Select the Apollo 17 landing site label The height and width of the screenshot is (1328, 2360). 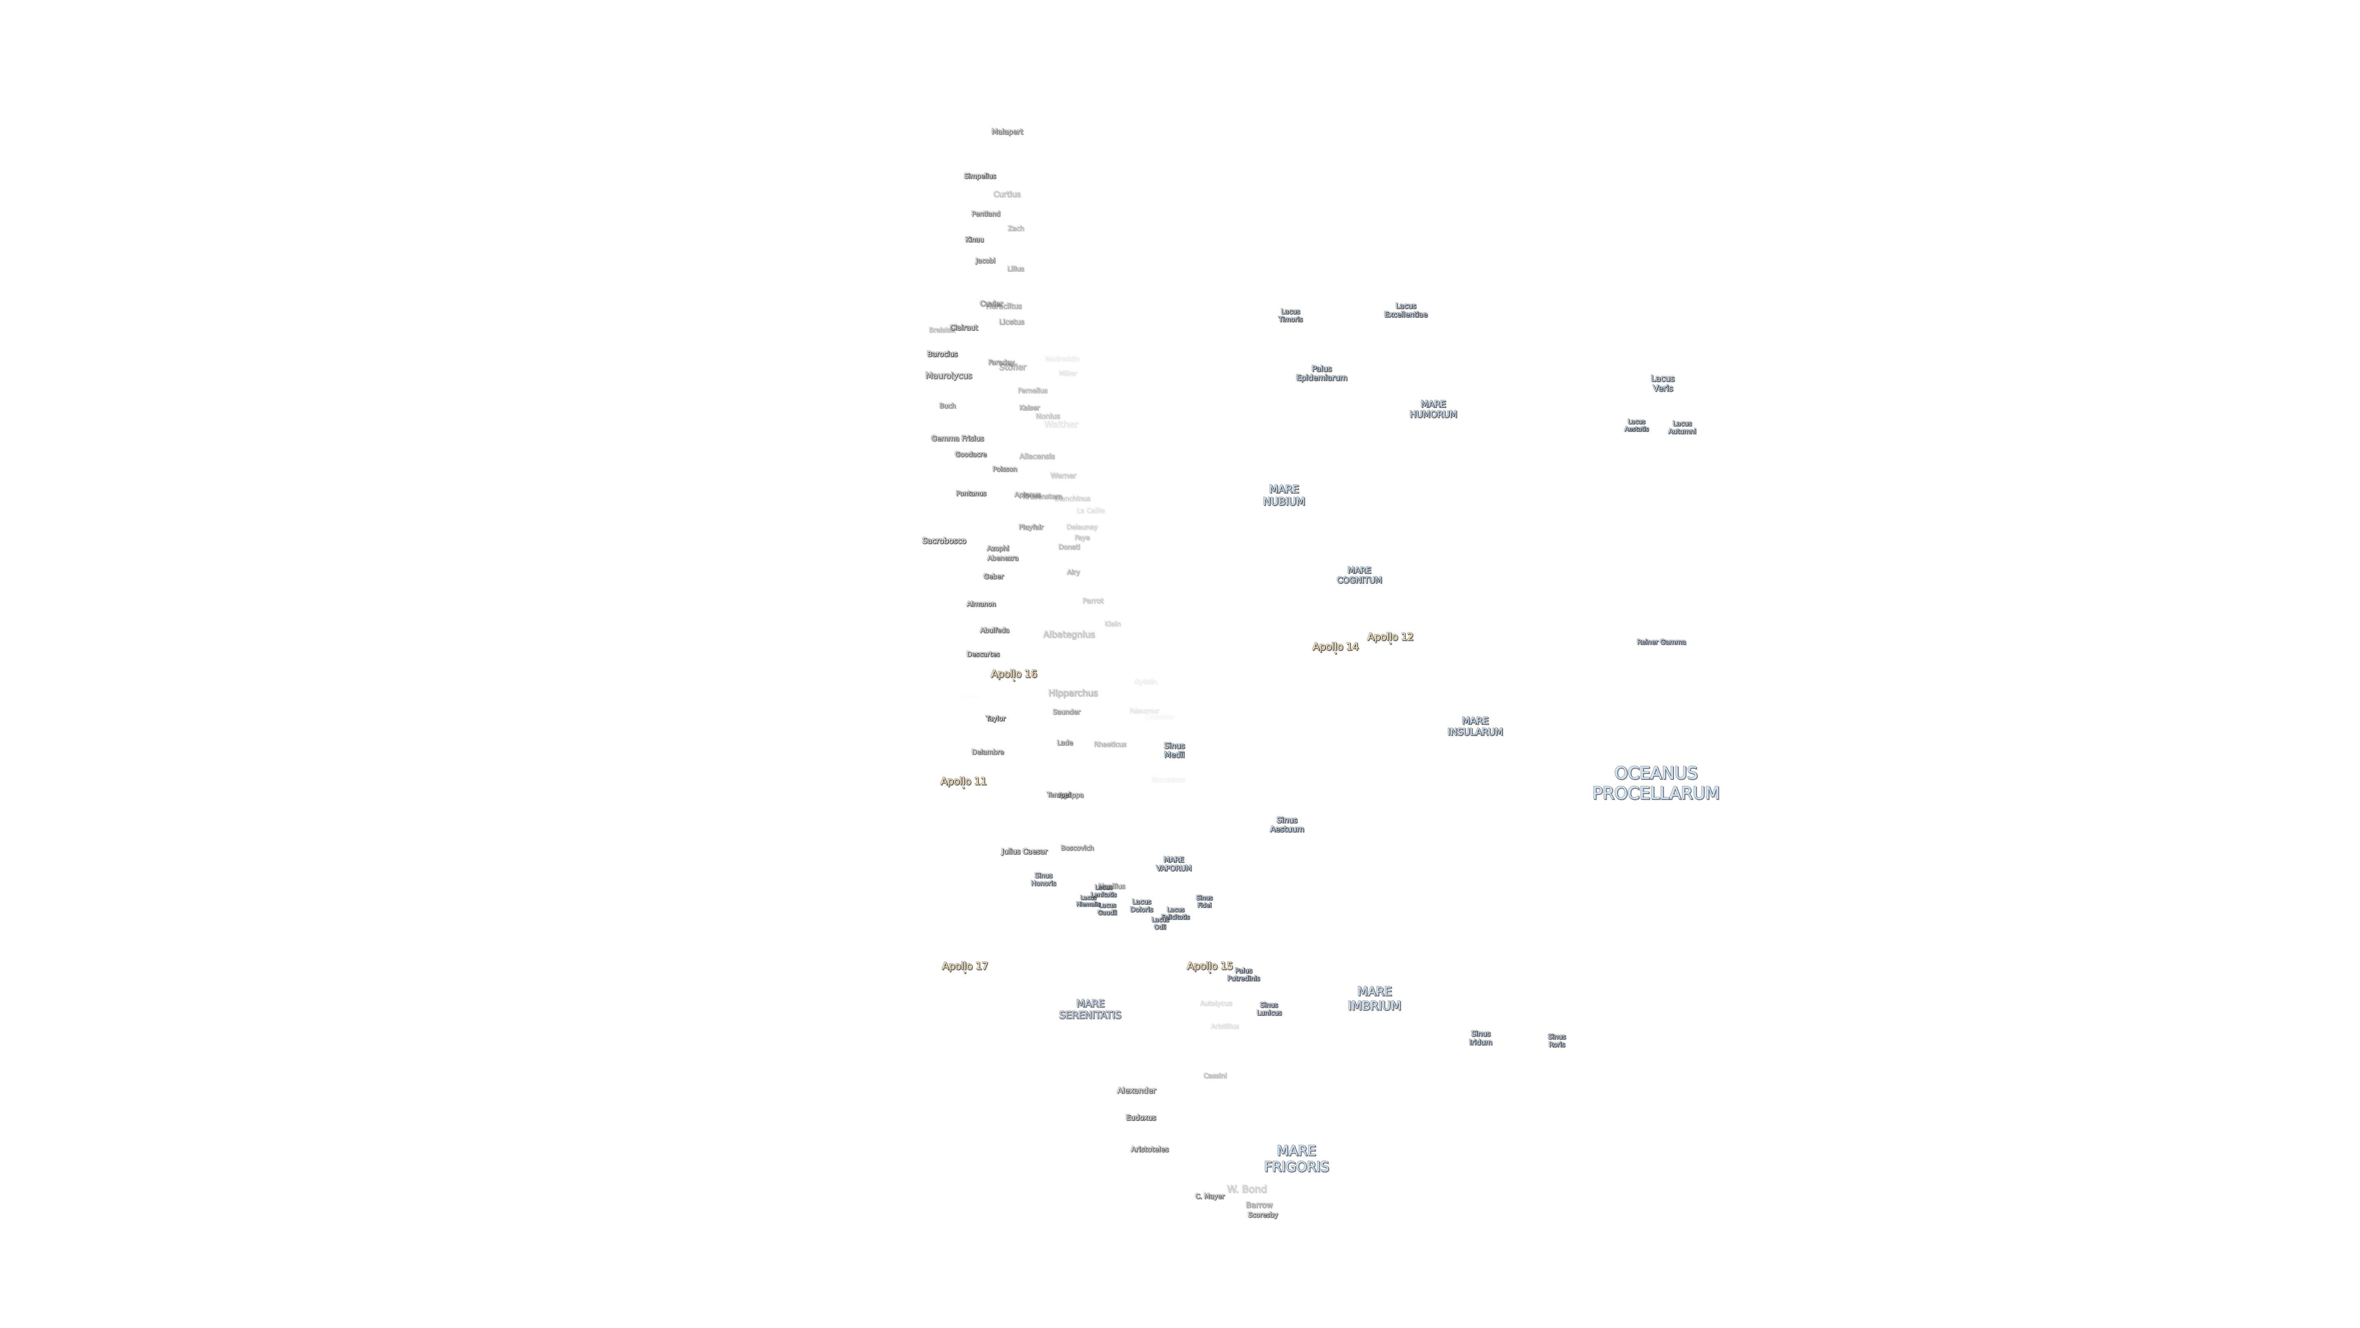(965, 966)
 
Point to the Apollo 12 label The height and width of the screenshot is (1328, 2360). (1390, 637)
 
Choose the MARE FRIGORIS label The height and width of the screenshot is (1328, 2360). (1296, 1158)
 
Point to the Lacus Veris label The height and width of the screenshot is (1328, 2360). (1662, 383)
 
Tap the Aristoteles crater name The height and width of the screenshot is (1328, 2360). (1149, 1149)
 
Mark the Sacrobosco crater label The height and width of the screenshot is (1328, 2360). (944, 541)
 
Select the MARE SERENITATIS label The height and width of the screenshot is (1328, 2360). (1089, 1009)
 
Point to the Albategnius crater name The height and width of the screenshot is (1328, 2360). (1068, 634)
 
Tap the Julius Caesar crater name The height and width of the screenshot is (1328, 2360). (1023, 851)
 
